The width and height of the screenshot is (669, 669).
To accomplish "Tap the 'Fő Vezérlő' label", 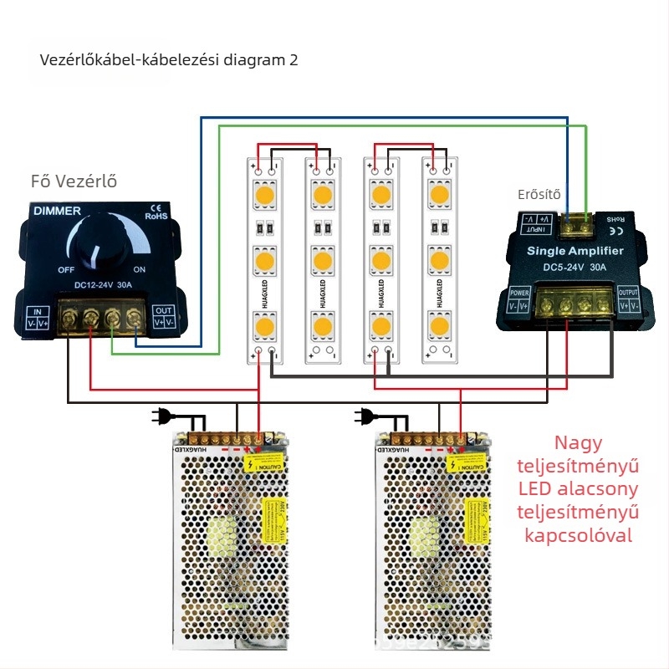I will click(73, 181).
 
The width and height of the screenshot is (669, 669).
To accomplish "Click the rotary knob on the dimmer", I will click(100, 247).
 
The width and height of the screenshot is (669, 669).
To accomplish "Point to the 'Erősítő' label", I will click(539, 195).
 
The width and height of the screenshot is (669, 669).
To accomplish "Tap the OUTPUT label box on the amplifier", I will click(628, 299).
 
